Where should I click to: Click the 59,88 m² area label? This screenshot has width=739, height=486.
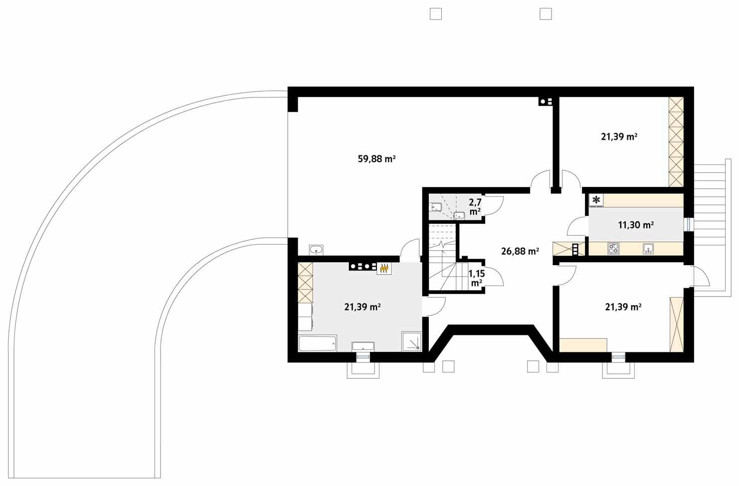tap(376, 159)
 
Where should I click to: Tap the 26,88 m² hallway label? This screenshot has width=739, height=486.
tap(520, 252)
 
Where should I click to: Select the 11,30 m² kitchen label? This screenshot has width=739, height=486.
tap(636, 225)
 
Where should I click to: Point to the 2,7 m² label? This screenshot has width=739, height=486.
tap(475, 207)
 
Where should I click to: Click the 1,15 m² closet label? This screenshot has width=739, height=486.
tap(476, 278)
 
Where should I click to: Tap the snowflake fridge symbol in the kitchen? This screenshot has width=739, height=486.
tap(596, 200)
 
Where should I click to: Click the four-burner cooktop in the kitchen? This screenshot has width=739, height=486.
tap(613, 248)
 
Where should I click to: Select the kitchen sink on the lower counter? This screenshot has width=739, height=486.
tap(648, 248)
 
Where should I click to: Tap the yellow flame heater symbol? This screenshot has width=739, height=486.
tap(383, 268)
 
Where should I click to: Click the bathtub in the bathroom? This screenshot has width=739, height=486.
tap(318, 344)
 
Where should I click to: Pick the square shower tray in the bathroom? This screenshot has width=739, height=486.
tap(412, 341)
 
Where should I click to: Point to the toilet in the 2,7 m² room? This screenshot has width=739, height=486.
tap(436, 206)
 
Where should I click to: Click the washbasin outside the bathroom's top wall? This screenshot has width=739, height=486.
tap(316, 249)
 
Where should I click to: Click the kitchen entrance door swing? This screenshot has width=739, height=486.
tap(577, 228)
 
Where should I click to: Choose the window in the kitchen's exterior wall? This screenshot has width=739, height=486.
tap(689, 225)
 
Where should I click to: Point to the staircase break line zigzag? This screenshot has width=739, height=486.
tap(441, 245)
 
